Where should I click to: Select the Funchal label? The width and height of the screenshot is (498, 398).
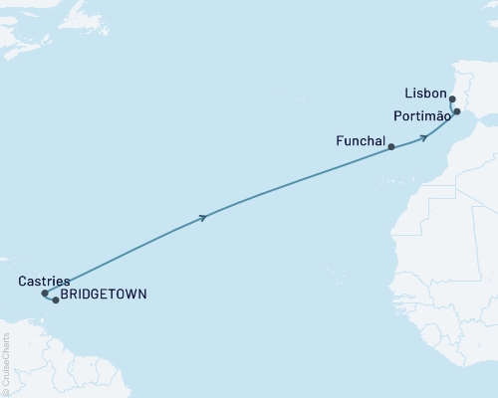click(x=362, y=142)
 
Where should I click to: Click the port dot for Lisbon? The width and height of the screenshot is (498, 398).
click(x=453, y=99)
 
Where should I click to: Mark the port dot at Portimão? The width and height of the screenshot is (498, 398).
click(x=456, y=112)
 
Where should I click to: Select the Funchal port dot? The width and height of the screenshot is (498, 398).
click(x=391, y=147)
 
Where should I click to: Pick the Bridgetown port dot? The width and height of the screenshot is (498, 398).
click(x=56, y=299)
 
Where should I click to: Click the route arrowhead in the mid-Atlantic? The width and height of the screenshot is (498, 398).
click(x=204, y=216)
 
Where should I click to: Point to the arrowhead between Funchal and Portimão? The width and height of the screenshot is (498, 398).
click(x=425, y=136)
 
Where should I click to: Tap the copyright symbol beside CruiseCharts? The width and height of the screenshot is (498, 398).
click(x=5, y=393)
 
